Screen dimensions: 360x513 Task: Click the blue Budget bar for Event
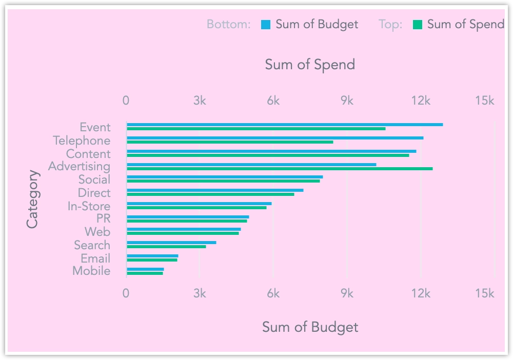tap(285, 125)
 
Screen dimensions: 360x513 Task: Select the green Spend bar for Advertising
tap(280, 168)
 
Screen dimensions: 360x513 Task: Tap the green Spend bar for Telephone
tap(230, 142)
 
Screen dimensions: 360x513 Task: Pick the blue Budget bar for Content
tap(271, 151)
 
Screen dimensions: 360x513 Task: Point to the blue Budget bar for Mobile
tap(145, 269)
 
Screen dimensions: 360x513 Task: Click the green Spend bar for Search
tap(166, 247)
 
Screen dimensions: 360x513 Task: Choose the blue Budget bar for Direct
tap(215, 190)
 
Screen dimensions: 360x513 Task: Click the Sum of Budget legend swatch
tap(266, 24)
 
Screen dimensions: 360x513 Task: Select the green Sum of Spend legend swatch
tap(418, 24)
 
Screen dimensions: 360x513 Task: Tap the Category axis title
tap(32, 199)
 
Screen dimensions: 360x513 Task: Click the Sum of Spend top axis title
tap(310, 65)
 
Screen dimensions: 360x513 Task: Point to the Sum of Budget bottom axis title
tap(310, 327)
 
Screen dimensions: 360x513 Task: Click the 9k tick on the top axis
tap(347, 101)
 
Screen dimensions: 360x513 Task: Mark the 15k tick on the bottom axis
tap(485, 293)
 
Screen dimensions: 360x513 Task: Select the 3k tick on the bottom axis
tap(200, 293)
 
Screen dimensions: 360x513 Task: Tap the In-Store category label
tap(89, 206)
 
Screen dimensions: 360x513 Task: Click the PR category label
tap(103, 219)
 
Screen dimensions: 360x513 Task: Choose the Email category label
tap(95, 258)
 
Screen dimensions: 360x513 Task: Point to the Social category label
tap(94, 179)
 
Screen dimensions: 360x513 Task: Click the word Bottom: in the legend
tap(228, 24)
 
